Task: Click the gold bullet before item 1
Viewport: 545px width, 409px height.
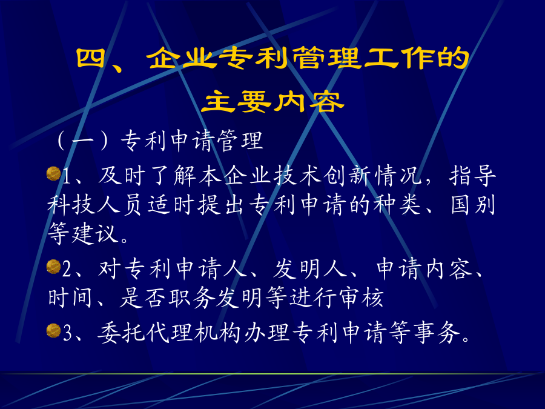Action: point(53,173)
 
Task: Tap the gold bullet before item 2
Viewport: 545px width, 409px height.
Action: point(53,267)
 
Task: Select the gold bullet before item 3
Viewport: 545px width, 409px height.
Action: point(53,330)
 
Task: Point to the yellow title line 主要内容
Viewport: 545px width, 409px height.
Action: point(273,101)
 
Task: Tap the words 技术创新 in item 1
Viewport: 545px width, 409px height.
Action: point(323,176)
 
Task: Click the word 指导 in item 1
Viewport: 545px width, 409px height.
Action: point(472,176)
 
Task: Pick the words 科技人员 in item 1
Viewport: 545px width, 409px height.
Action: point(94,205)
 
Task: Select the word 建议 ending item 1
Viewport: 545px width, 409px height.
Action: point(94,234)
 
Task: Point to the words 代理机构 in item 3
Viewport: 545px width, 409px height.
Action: point(194,333)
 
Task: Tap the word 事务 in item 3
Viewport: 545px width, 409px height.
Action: point(437,333)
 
